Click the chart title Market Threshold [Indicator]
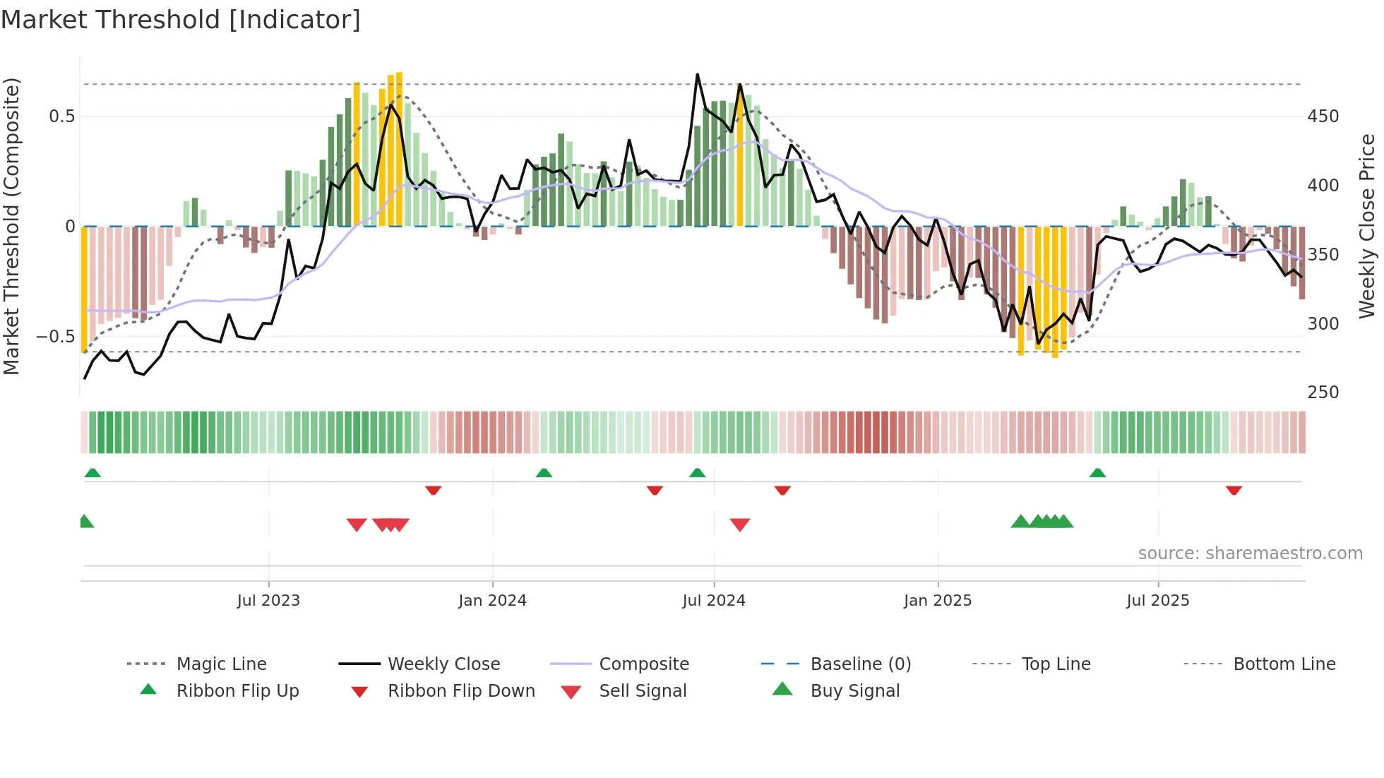(181, 20)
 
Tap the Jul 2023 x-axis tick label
(268, 600)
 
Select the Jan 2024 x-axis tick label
(492, 600)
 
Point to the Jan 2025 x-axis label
(938, 600)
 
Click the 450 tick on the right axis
(1323, 116)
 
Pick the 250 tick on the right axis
(1323, 392)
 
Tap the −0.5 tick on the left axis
(56, 337)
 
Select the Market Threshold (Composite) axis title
(11, 226)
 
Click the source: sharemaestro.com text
(1250, 553)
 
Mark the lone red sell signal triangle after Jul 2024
(740, 524)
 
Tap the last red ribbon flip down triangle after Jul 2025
(1234, 490)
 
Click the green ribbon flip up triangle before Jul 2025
(1097, 473)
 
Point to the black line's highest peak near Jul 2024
(698, 75)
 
